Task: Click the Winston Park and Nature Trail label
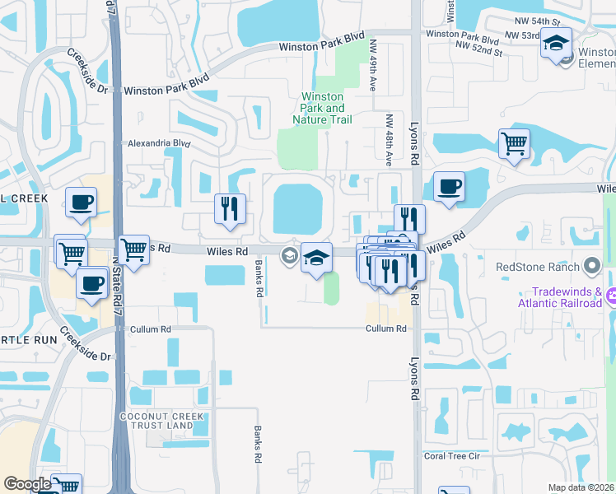322,109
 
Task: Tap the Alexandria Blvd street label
156,143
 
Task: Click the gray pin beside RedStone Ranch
590,266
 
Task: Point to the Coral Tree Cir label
451,455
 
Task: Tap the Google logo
27,484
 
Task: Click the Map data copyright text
581,487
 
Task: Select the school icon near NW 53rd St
557,43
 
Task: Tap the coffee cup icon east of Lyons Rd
449,187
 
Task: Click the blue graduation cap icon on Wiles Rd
316,259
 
